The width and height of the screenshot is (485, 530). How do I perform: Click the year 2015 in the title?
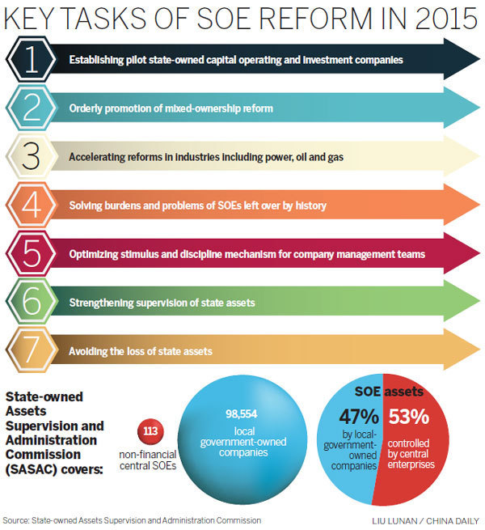click(428, 19)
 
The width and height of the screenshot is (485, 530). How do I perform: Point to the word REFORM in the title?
click(274, 19)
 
